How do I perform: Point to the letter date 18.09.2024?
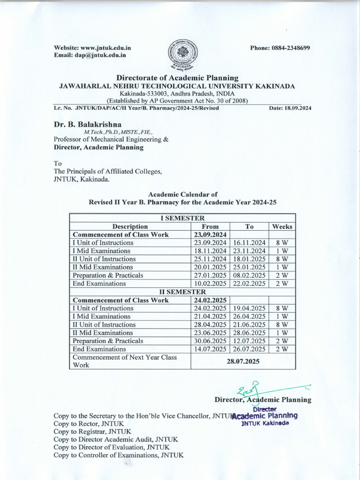pyautogui.click(x=298, y=108)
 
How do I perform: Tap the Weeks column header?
pyautogui.click(x=282, y=226)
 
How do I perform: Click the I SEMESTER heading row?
pyautogui.click(x=182, y=218)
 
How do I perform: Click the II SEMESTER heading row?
pyautogui.click(x=182, y=292)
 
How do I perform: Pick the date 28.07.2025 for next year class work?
pyautogui.click(x=243, y=361)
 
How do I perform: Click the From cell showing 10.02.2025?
pyautogui.click(x=210, y=284)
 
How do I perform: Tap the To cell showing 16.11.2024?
pyautogui.click(x=249, y=243)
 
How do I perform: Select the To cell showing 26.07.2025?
pyautogui.click(x=249, y=349)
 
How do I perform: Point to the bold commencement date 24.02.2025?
pyautogui.click(x=210, y=300)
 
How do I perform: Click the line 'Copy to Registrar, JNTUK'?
pyautogui.click(x=92, y=431)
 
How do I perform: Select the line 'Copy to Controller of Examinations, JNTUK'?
pyautogui.click(x=119, y=455)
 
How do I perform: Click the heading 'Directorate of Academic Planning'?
pyautogui.click(x=177, y=78)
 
